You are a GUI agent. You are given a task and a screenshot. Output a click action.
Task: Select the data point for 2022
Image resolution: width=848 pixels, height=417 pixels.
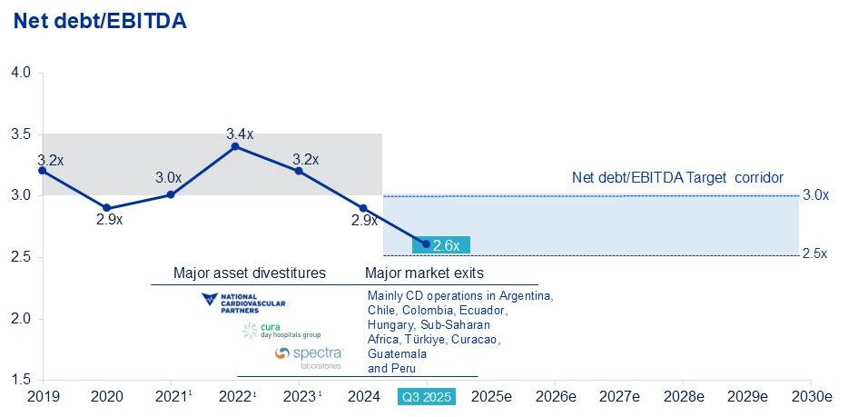[235, 146]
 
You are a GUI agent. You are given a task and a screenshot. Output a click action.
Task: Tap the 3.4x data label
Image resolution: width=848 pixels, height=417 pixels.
[240, 134]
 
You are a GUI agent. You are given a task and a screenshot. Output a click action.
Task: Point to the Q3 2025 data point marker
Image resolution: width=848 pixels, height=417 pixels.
[426, 243]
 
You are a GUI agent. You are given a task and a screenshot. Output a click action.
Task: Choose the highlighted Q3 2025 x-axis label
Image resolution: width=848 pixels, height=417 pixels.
[427, 397]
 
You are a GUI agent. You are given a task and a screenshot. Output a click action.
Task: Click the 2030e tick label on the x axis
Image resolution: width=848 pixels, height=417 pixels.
[811, 397]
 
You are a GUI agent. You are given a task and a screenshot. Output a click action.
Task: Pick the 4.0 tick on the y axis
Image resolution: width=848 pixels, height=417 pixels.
[21, 72]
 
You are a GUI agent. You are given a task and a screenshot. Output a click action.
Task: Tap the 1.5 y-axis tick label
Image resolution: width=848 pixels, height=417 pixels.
[21, 380]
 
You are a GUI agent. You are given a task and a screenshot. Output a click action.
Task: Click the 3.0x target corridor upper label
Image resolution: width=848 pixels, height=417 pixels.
[815, 195]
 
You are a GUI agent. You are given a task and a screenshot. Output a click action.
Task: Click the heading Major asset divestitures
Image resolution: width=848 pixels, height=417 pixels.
[249, 273]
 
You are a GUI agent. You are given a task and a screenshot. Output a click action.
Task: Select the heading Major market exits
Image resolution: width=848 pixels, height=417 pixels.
[424, 273]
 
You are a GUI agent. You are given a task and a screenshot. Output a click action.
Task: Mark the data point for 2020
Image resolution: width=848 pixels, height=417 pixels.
[107, 208]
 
